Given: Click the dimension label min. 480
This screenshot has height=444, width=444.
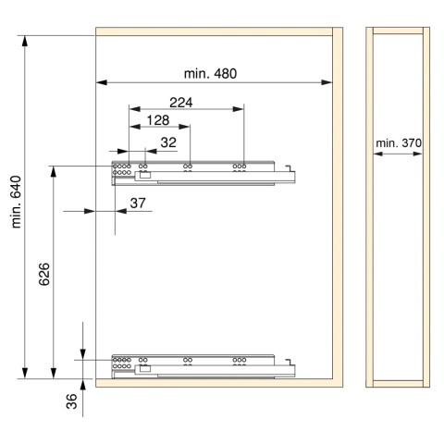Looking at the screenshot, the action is [x=210, y=74].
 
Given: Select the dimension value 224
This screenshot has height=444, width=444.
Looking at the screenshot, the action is [x=181, y=103].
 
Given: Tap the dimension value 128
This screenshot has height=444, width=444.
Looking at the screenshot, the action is [x=158, y=120].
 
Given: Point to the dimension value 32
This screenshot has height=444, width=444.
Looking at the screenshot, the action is [x=168, y=142].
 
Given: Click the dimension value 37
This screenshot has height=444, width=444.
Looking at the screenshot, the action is [x=138, y=203].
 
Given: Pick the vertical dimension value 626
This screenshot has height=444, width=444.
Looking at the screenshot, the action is [x=44, y=274].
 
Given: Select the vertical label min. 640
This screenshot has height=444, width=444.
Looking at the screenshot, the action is [x=16, y=202].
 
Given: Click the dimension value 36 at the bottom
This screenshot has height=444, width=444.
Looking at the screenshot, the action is [x=71, y=401].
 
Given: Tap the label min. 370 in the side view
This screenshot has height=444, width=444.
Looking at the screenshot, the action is [x=399, y=143].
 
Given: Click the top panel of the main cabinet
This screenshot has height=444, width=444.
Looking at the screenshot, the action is [x=214, y=31].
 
